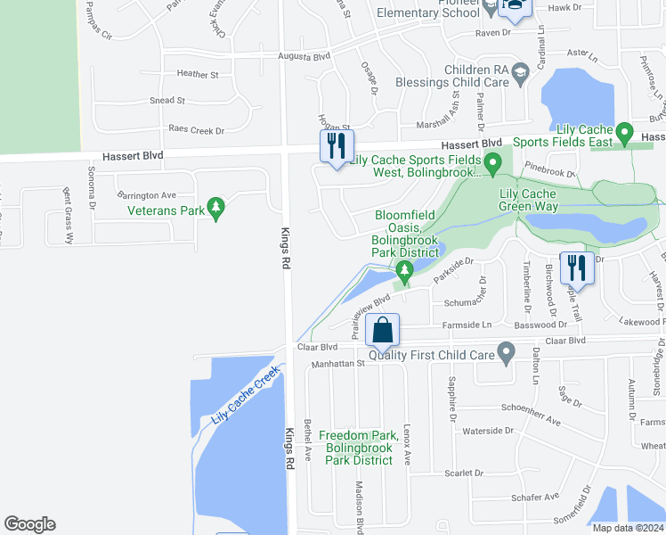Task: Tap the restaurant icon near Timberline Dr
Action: coord(577,268)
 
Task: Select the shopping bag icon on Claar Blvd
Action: coord(383,329)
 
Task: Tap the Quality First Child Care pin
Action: coord(507,354)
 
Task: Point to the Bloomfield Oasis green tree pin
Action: coord(405,270)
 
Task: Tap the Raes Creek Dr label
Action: coord(196,130)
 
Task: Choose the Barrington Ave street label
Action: coord(147,195)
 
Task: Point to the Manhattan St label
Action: coord(337,364)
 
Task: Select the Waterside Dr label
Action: coord(489,431)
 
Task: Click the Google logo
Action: coord(30,524)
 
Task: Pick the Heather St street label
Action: coord(198,75)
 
